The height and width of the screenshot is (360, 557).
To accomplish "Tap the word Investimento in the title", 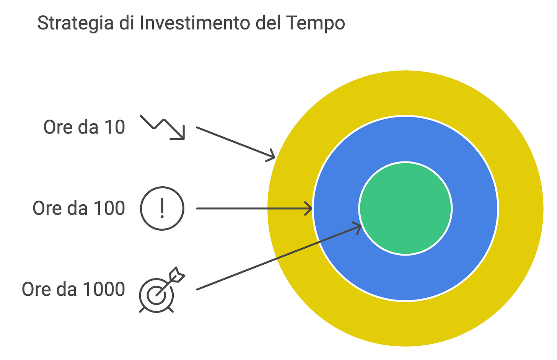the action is point(194,23).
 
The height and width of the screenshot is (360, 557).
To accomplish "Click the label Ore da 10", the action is point(84,127).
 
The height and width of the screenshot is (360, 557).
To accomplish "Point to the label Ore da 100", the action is point(79,209).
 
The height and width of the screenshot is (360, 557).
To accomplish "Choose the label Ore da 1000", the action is point(73,289).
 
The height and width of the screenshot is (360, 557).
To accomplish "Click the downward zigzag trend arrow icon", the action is point(163,127).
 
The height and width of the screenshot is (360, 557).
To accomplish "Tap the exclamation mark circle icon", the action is point(162,209).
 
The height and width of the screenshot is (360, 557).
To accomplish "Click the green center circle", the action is point(406,209).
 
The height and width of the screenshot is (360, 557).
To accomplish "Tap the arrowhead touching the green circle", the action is point(358,227).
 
